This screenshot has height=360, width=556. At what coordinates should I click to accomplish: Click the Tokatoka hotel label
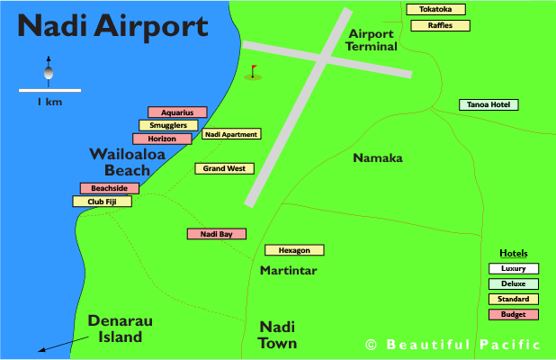point(436,10)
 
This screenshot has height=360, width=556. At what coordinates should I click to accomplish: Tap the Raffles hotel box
point(440,25)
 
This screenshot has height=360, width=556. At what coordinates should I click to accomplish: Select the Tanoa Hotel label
point(489,104)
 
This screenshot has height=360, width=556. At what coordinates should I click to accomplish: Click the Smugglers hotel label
point(168,126)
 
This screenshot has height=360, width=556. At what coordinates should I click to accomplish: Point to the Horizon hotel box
point(162,139)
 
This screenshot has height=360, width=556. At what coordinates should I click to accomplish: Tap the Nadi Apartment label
point(231,135)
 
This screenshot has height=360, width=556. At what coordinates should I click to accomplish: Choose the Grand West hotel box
point(225,168)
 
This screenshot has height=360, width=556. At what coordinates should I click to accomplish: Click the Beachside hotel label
point(110,188)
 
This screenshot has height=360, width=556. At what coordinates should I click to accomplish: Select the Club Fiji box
point(102,202)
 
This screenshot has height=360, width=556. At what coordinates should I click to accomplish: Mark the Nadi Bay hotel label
point(216,234)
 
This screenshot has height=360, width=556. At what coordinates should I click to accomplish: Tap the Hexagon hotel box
point(294,250)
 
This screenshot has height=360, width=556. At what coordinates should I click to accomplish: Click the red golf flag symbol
point(254,71)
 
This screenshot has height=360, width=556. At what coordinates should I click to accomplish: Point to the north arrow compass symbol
point(49,68)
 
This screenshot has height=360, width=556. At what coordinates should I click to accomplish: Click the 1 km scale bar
point(49,90)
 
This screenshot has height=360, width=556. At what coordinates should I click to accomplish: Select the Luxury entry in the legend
point(514,268)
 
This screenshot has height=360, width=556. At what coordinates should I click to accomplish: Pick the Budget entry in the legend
point(514,314)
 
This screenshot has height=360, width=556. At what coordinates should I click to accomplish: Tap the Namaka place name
point(377,158)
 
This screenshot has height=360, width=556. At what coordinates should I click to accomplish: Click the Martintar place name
point(290,270)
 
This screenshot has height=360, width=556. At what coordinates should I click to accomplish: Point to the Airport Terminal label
point(373,40)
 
